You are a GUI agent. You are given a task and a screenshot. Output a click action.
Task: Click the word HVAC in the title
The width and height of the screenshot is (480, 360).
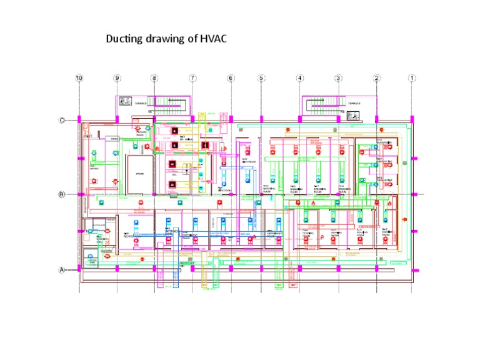[x=212, y=39]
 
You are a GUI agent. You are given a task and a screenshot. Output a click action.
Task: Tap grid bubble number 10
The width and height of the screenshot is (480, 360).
[x=79, y=78]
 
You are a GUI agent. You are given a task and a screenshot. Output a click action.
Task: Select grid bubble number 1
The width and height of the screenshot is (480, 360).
[x=412, y=78]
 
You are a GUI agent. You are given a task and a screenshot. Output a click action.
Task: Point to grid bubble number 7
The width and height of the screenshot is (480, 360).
[x=192, y=78]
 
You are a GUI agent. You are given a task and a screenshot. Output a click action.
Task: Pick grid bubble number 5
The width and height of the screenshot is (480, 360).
[x=261, y=78]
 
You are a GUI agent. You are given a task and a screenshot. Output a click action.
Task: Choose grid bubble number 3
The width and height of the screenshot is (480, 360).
[x=338, y=78]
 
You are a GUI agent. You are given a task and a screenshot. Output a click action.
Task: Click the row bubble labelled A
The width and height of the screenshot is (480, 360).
[x=62, y=270]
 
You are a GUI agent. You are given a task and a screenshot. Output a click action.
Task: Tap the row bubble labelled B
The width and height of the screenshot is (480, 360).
[x=62, y=194]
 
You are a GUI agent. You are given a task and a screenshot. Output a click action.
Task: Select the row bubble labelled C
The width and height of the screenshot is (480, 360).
[x=62, y=120]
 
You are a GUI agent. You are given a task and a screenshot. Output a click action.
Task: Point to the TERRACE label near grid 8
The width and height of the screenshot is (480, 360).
[x=141, y=104]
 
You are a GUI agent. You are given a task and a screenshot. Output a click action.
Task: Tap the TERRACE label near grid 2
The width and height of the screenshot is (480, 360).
[x=354, y=104]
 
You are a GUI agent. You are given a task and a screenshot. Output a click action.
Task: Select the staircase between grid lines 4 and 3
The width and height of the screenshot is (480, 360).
[x=322, y=102]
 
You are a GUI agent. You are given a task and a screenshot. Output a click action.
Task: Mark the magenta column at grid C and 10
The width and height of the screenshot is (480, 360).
[x=79, y=119]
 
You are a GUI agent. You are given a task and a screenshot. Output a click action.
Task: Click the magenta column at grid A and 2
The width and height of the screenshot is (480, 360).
[x=376, y=268]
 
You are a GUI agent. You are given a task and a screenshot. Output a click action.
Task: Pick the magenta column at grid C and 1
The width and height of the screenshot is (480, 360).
[x=412, y=119]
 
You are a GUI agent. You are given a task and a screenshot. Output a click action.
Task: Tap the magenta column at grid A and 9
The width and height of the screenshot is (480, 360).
[x=117, y=268]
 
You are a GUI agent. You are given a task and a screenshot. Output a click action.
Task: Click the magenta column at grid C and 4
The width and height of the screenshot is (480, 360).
[x=300, y=119]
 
